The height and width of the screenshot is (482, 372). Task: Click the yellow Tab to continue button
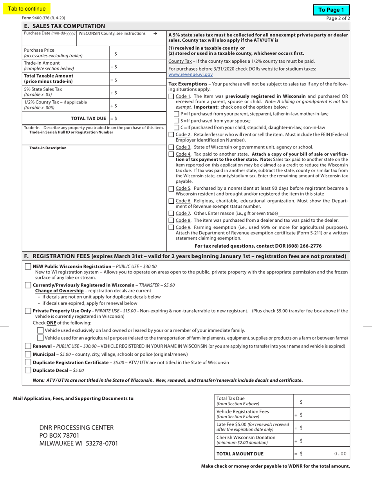pos(27,9)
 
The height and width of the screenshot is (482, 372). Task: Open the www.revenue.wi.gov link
pos(191,74)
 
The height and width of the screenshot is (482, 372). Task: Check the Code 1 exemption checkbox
pos(172,96)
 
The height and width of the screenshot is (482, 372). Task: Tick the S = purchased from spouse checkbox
pos(177,121)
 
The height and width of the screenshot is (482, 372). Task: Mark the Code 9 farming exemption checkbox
pos(172,228)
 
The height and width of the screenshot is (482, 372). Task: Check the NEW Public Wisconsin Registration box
pos(28,266)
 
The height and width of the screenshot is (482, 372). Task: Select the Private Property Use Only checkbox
pos(28,311)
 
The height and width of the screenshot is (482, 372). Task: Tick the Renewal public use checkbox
pos(28,346)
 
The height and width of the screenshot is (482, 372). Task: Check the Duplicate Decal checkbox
pos(28,370)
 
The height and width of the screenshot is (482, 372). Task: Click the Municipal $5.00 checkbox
pos(28,354)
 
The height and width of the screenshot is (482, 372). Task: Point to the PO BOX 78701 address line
pos(59,435)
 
